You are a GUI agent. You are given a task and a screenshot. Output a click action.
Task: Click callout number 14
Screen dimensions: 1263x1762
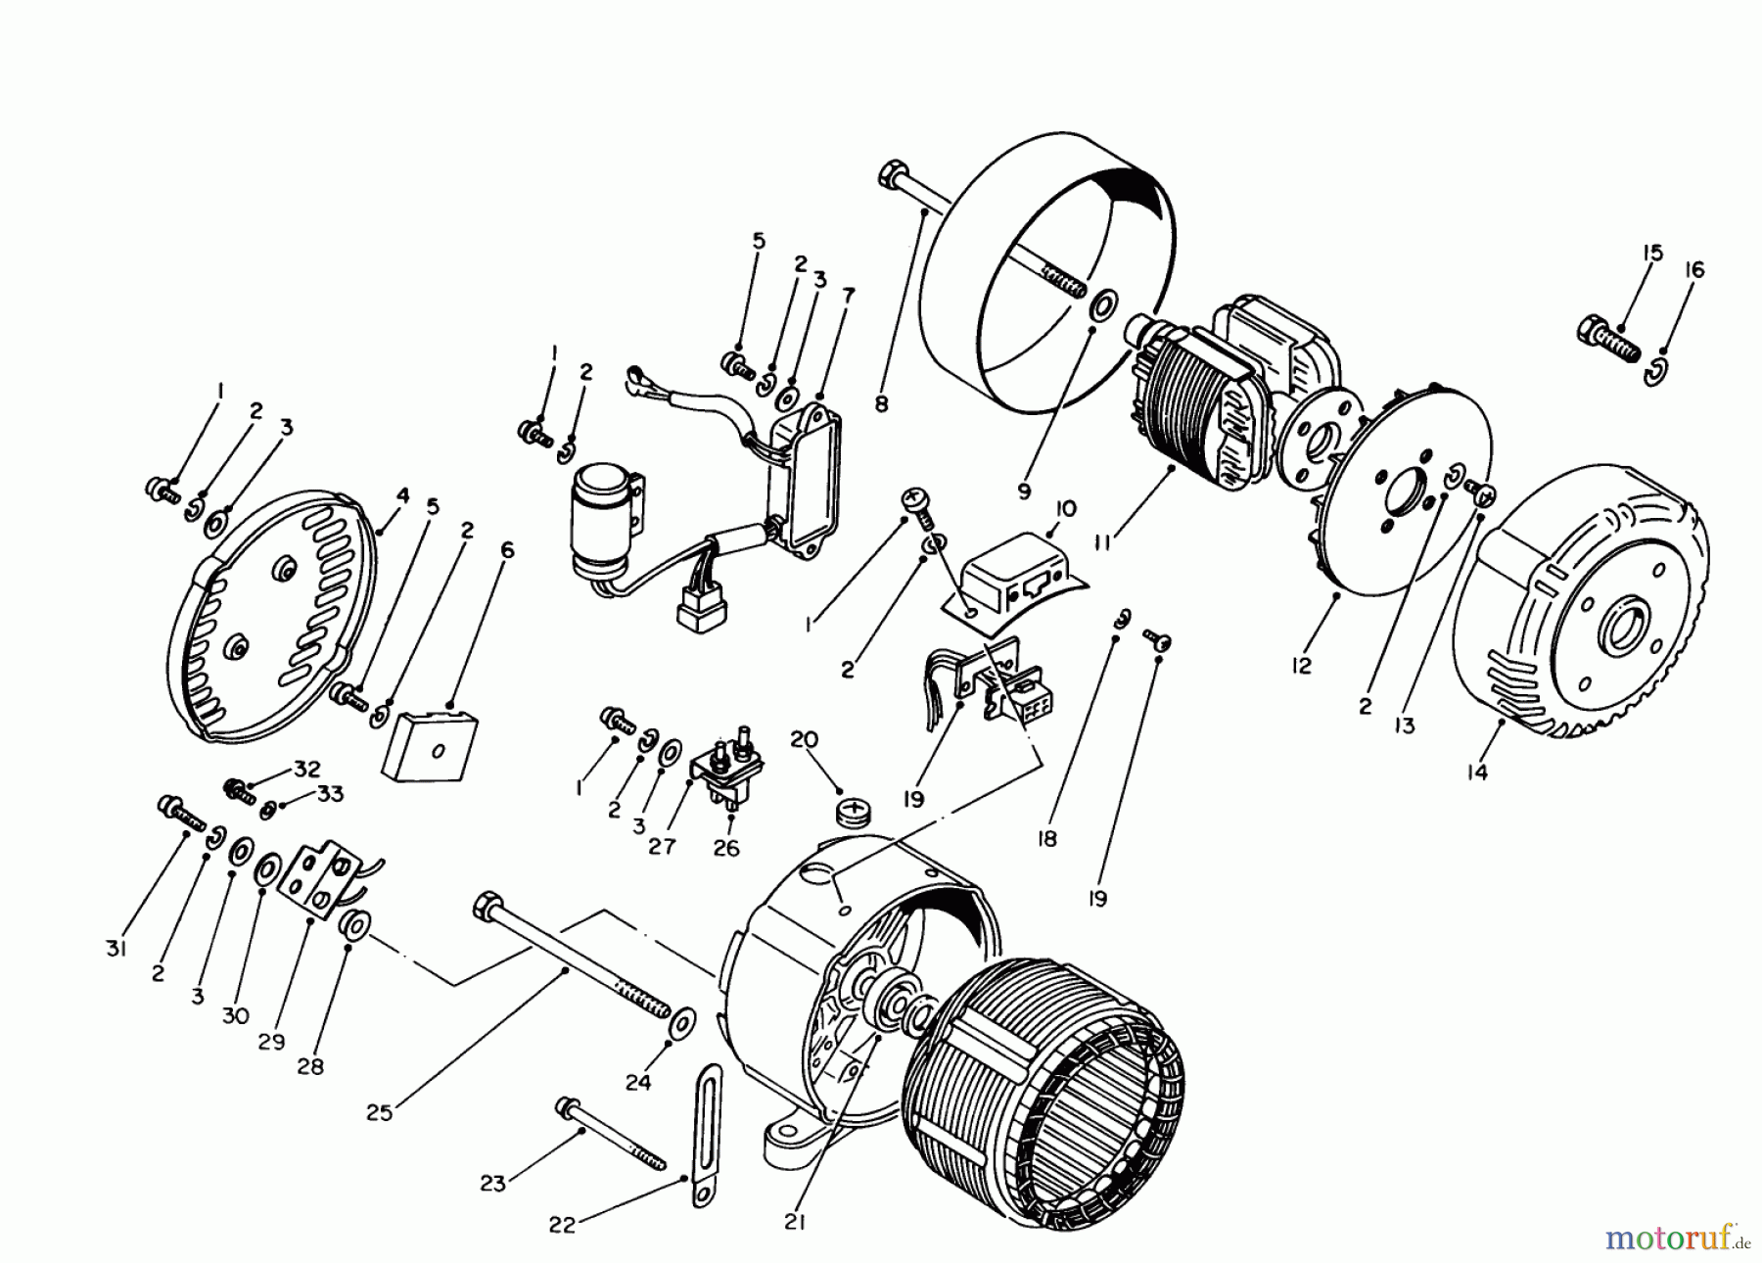pyautogui.click(x=1477, y=772)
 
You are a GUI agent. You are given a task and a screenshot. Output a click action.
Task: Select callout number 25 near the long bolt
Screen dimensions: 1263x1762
pyautogui.click(x=380, y=1112)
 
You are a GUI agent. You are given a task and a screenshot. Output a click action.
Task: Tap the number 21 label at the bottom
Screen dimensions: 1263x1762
pyautogui.click(x=795, y=1222)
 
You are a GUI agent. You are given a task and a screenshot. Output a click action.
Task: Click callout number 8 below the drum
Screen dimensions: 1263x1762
pyautogui.click(x=881, y=401)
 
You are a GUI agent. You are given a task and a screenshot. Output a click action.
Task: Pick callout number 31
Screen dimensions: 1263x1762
pyautogui.click(x=116, y=949)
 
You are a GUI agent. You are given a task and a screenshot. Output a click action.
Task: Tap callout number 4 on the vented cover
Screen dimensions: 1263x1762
pyautogui.click(x=401, y=496)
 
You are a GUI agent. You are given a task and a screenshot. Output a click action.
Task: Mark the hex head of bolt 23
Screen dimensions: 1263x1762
pyautogui.click(x=565, y=1105)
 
